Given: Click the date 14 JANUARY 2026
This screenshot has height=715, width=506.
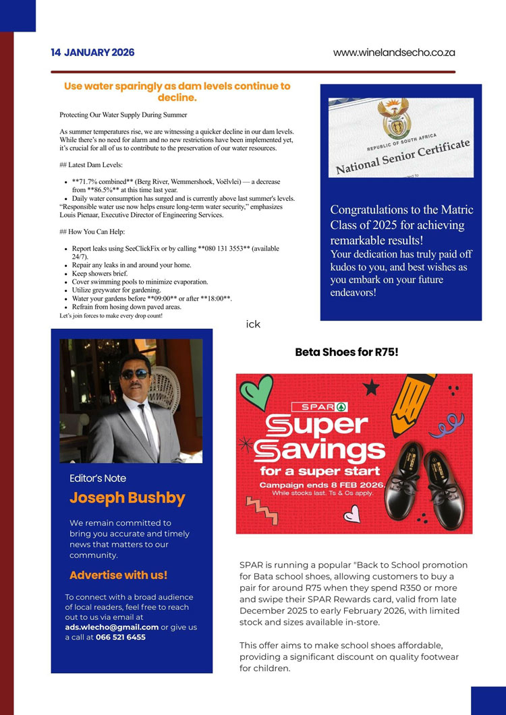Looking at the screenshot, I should coord(92,53).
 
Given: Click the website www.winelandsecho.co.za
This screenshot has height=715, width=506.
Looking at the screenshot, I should coord(394,53).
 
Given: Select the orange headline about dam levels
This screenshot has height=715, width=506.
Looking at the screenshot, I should coord(177,92).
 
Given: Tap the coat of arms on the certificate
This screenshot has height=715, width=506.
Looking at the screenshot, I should coord(392,120).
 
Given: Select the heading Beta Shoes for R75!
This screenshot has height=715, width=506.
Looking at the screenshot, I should coord(347,352).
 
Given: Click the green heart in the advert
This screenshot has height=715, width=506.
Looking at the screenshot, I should coord(256,393).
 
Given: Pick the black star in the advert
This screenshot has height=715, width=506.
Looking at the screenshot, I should coord(370,387).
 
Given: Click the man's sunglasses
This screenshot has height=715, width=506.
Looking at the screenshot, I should coord(135,374).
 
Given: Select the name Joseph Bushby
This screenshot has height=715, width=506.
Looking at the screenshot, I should coord(127,498).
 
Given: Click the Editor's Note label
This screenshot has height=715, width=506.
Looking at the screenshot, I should coord(98,478).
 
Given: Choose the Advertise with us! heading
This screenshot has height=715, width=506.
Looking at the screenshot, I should coord(118,575).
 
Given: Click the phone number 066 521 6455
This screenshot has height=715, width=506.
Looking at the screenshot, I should coord(121,637).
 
